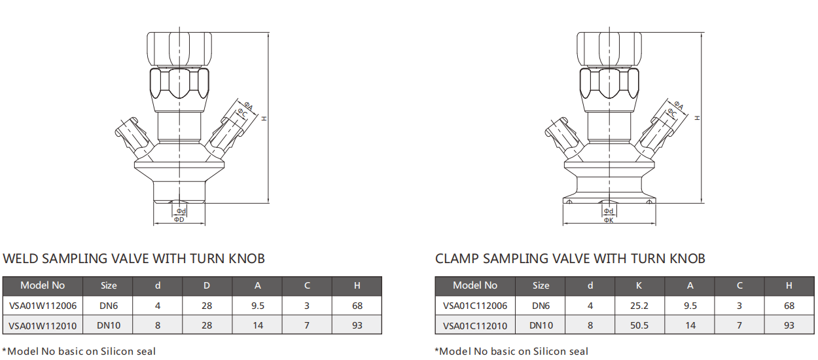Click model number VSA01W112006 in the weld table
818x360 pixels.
point(43,305)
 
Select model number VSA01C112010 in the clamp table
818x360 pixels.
point(475,325)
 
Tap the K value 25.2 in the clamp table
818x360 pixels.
point(639,305)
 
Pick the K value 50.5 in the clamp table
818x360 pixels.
point(639,325)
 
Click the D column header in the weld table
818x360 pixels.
point(207,285)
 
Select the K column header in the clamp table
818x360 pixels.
point(639,285)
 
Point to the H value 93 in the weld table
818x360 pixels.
point(357,325)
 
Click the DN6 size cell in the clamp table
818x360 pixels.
point(541,305)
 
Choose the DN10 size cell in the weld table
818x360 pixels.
point(109,325)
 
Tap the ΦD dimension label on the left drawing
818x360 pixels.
point(179,220)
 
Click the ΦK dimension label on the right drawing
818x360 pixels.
point(609,221)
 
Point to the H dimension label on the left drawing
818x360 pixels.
point(264,118)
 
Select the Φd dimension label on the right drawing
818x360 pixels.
point(609,211)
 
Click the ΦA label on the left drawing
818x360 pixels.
point(249,105)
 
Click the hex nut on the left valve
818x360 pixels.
point(179,84)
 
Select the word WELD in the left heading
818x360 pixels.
point(21,259)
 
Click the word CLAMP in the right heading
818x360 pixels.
point(457,259)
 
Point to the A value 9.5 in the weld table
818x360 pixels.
point(258,305)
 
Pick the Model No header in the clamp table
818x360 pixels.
point(475,285)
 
